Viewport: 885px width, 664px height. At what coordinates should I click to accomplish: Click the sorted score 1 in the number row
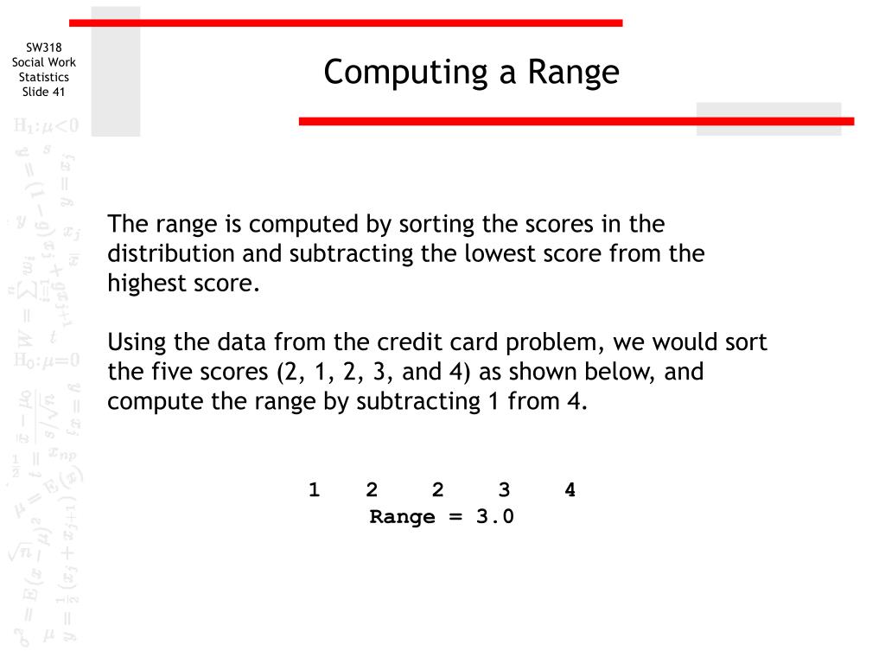(x=314, y=490)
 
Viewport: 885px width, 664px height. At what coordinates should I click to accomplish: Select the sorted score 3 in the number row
(x=504, y=490)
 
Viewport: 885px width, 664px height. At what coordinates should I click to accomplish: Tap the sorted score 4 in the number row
(x=570, y=490)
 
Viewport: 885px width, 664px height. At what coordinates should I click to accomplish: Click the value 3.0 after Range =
(x=494, y=517)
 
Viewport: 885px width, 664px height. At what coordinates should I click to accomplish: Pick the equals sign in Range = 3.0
(x=455, y=517)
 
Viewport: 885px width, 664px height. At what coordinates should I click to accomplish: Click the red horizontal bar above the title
(x=346, y=22)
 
